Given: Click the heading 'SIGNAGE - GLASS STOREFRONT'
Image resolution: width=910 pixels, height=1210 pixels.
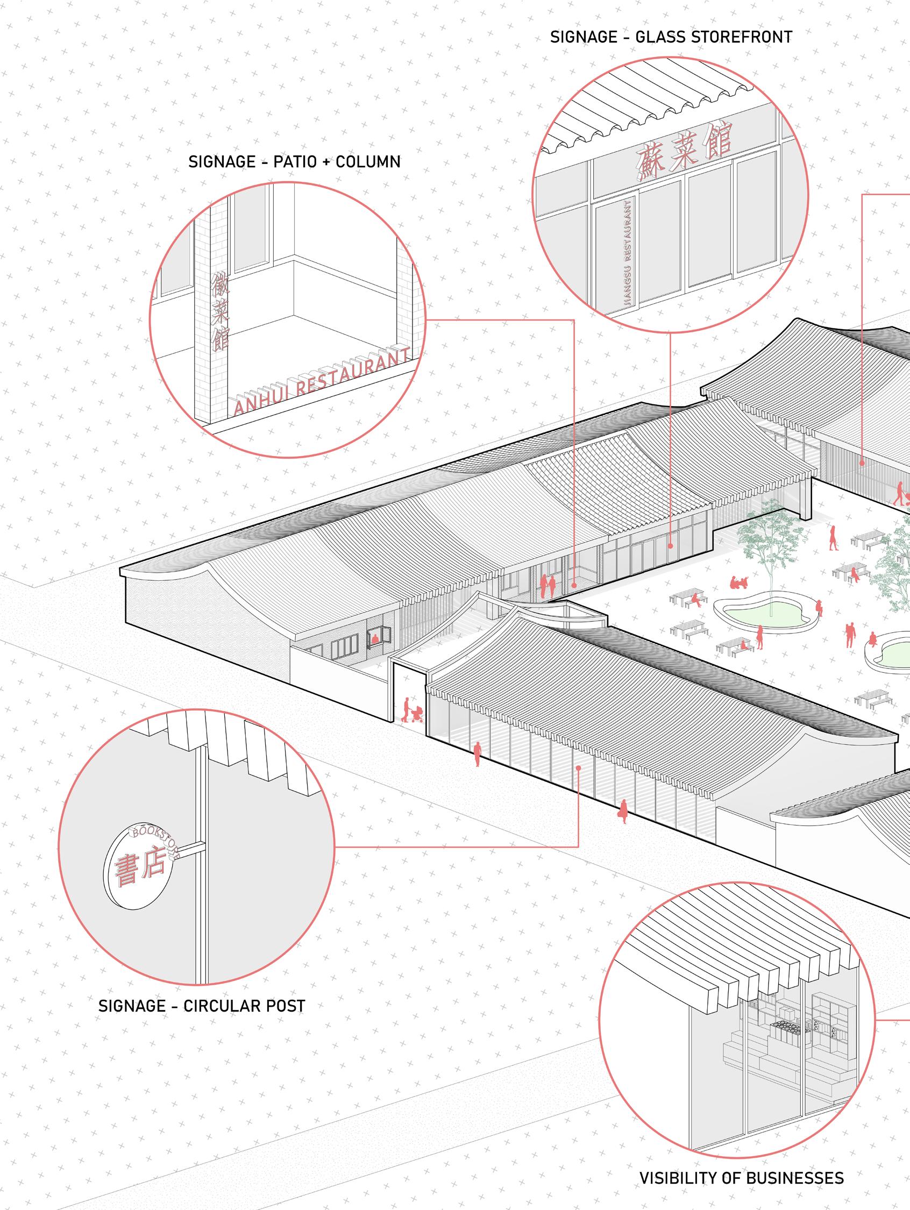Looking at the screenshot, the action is click(671, 37).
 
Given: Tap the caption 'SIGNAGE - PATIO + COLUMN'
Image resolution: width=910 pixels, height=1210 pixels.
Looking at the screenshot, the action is click(294, 162).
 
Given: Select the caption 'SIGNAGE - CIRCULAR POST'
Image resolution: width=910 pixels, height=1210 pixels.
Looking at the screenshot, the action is click(201, 1006).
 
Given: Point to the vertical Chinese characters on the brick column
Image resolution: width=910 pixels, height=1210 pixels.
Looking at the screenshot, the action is click(220, 311).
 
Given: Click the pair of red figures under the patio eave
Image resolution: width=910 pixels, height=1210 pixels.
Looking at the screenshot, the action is click(548, 586).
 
